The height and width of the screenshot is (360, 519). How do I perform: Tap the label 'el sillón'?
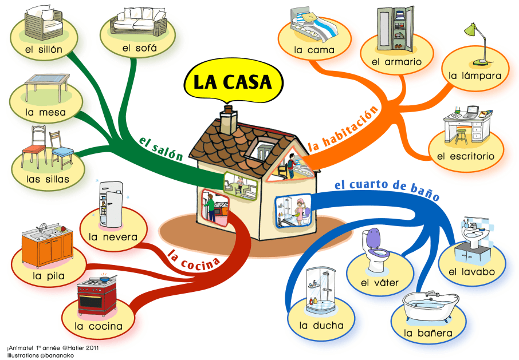[x=44, y=49]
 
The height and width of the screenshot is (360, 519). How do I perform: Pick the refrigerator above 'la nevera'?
[x=110, y=203]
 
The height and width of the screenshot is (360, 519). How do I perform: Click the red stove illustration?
[x=97, y=297]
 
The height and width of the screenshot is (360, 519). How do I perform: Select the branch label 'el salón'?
[x=161, y=148]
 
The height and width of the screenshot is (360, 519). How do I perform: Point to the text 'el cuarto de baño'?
[x=386, y=189]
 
